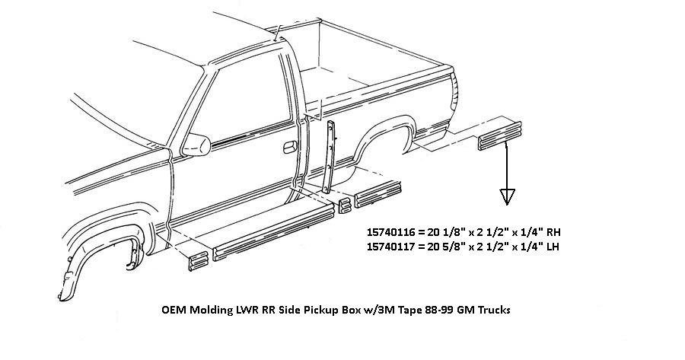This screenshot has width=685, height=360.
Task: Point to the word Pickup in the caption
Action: (x=295, y=311)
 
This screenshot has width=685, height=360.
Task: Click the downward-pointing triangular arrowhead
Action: (x=506, y=197)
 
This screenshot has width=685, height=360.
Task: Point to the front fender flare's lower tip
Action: (x=61, y=293)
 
